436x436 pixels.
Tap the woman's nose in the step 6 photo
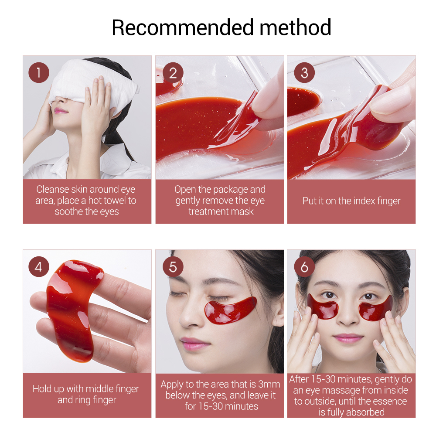[349, 316]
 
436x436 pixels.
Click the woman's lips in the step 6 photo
[349, 338]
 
